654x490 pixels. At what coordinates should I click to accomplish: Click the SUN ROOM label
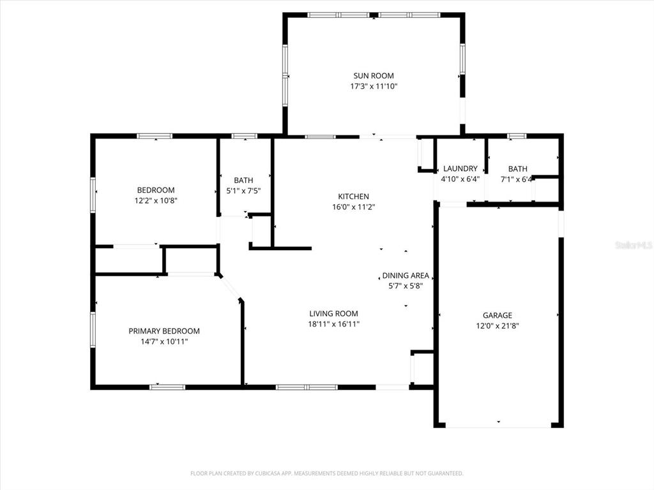click(x=374, y=76)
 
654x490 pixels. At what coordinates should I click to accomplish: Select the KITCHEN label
click(x=353, y=197)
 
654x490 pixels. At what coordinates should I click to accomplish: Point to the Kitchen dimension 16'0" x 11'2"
click(x=353, y=207)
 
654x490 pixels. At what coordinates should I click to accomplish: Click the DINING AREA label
click(x=406, y=276)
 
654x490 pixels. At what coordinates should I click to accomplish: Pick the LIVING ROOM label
click(x=333, y=313)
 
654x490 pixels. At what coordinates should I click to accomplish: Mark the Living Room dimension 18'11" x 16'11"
click(x=333, y=324)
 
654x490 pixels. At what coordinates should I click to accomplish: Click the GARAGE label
click(x=497, y=315)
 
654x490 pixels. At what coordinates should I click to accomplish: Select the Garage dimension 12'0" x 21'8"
click(x=497, y=325)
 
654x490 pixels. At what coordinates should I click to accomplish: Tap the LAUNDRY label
click(x=460, y=168)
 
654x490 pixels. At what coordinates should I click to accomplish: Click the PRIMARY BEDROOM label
click(x=164, y=331)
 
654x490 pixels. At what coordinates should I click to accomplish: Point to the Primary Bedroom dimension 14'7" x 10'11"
click(x=164, y=341)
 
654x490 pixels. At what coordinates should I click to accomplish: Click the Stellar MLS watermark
click(x=634, y=245)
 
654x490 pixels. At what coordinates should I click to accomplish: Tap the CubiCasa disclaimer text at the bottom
click(x=326, y=473)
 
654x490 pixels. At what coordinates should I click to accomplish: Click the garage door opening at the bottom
click(x=498, y=426)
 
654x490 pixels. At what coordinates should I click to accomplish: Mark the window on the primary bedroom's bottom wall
click(x=167, y=387)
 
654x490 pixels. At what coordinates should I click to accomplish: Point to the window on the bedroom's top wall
click(x=155, y=136)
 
